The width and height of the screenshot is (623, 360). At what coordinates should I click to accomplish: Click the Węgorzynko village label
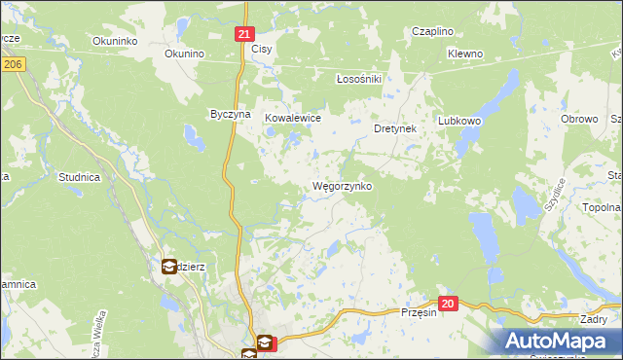click(341, 186)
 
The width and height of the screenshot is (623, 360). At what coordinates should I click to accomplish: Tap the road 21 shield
click(244, 34)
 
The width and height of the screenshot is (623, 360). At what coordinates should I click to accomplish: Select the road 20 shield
click(447, 304)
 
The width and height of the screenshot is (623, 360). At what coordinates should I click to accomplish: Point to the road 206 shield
click(12, 64)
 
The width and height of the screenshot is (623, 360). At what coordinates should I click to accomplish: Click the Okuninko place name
click(114, 41)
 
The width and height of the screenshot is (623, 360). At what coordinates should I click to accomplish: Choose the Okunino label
click(183, 54)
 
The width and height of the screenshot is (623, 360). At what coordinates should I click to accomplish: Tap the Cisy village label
click(261, 48)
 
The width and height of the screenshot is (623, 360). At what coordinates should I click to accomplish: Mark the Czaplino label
click(432, 31)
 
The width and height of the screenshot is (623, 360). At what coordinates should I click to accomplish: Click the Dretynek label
click(395, 127)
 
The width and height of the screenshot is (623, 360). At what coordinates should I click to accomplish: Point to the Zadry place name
click(593, 319)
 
